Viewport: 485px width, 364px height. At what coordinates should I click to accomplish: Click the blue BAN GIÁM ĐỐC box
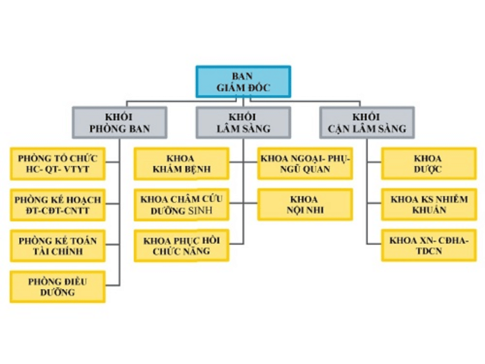[243, 82]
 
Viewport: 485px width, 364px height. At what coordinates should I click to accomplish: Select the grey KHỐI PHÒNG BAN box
[120, 123]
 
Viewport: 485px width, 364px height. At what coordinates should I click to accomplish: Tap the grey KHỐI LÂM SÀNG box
[243, 123]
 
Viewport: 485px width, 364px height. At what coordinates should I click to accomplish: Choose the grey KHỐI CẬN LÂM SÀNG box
[367, 123]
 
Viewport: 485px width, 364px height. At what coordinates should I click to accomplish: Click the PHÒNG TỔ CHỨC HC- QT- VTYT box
[58, 164]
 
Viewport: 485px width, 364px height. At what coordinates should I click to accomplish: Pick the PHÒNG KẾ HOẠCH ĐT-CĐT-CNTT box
[58, 205]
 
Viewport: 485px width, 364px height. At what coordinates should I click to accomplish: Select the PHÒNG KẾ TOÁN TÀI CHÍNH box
[58, 246]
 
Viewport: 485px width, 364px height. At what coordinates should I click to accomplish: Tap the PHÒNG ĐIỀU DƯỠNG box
[58, 287]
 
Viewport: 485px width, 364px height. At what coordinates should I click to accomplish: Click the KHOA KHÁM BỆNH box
[181, 164]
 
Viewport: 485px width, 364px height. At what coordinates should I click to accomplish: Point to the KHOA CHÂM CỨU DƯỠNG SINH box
[181, 205]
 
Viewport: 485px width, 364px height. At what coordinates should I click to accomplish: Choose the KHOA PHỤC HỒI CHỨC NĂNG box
[181, 246]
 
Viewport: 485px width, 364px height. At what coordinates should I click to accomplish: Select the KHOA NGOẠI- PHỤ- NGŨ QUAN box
[305, 164]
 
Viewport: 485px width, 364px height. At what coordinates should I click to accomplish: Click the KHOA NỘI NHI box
[305, 205]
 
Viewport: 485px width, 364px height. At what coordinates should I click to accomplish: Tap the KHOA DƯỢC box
[428, 164]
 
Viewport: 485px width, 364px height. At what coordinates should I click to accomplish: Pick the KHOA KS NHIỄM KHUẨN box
[428, 205]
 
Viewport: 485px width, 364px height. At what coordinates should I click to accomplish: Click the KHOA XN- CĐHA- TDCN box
[428, 246]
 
